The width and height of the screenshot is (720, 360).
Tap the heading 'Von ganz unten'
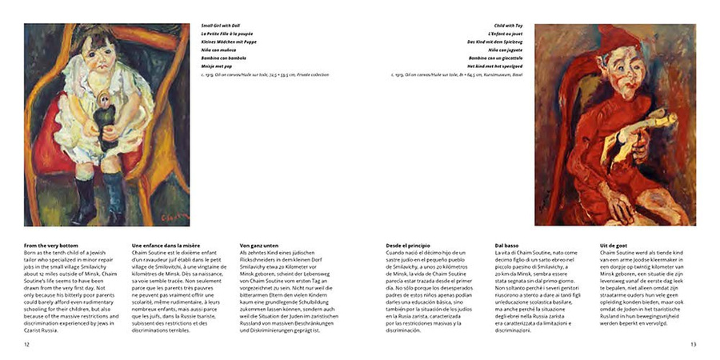click(x=260, y=245)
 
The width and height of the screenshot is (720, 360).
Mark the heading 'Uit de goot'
click(x=614, y=245)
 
